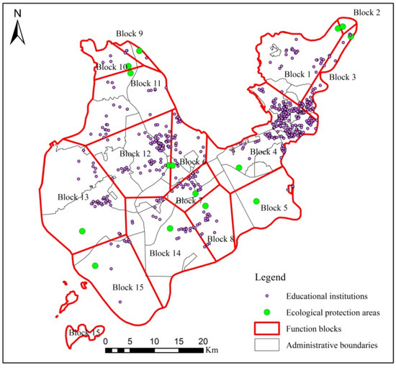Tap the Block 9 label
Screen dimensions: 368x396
point(130,34)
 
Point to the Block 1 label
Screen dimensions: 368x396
point(297,74)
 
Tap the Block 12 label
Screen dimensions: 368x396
point(135,153)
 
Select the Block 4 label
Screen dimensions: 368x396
point(264,152)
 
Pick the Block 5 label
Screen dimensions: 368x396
point(274,208)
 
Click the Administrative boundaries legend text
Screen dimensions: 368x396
point(333,346)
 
